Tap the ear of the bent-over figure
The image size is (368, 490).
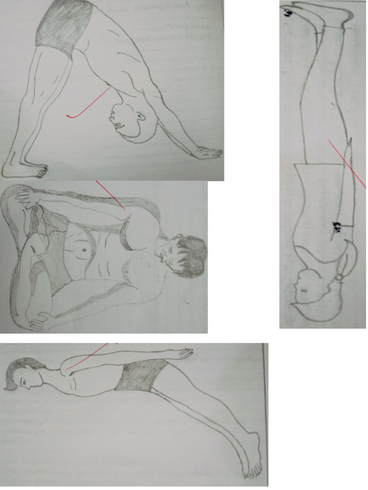pos(139,117)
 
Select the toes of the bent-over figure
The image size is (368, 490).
pos(40,168)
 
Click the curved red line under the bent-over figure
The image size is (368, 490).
pos(86,108)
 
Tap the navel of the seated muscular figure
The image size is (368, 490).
pos(84,250)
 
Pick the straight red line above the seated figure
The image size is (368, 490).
pos(110,194)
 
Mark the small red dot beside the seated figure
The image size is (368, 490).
pos(187,302)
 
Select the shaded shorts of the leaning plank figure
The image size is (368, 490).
pos(139,376)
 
